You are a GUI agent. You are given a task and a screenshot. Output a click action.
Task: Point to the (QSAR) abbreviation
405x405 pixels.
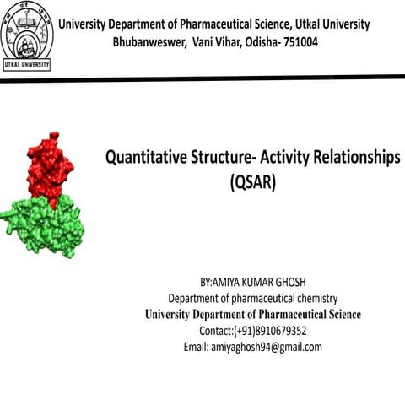(252, 181)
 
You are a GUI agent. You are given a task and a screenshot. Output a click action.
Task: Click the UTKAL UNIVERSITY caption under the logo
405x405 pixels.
(27, 64)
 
